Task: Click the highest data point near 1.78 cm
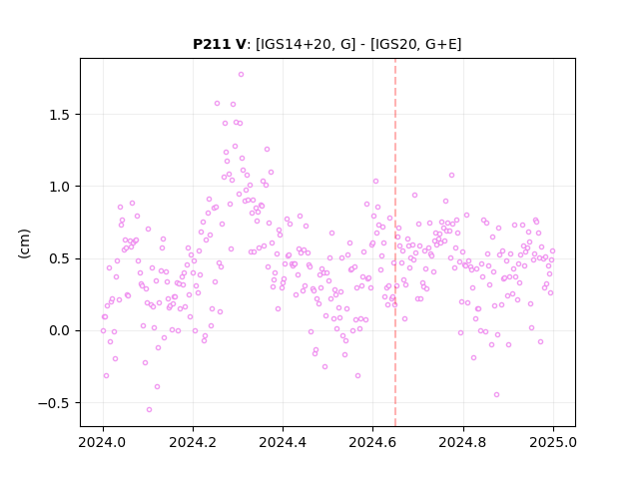pyautogui.click(x=241, y=75)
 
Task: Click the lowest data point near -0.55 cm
pyautogui.click(x=149, y=409)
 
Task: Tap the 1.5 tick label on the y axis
pyautogui.click(x=60, y=115)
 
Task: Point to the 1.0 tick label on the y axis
pyautogui.click(x=60, y=187)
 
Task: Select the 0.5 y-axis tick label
pyautogui.click(x=60, y=258)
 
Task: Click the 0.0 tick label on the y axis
pyautogui.click(x=60, y=330)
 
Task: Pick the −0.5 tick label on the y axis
pyautogui.click(x=54, y=403)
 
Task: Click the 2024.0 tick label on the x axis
pyautogui.click(x=103, y=442)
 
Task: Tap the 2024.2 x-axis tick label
pyautogui.click(x=193, y=442)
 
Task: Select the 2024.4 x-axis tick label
pyautogui.click(x=283, y=442)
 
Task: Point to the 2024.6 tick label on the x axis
pyautogui.click(x=372, y=442)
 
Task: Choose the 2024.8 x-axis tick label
pyautogui.click(x=463, y=442)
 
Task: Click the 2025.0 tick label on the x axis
pyautogui.click(x=553, y=442)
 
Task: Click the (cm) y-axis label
pyautogui.click(x=24, y=243)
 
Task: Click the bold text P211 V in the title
pyautogui.click(x=220, y=44)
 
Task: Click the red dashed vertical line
pyautogui.click(x=395, y=242)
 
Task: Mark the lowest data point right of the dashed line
pyautogui.click(x=496, y=395)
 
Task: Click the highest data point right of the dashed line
pyautogui.click(x=451, y=176)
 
